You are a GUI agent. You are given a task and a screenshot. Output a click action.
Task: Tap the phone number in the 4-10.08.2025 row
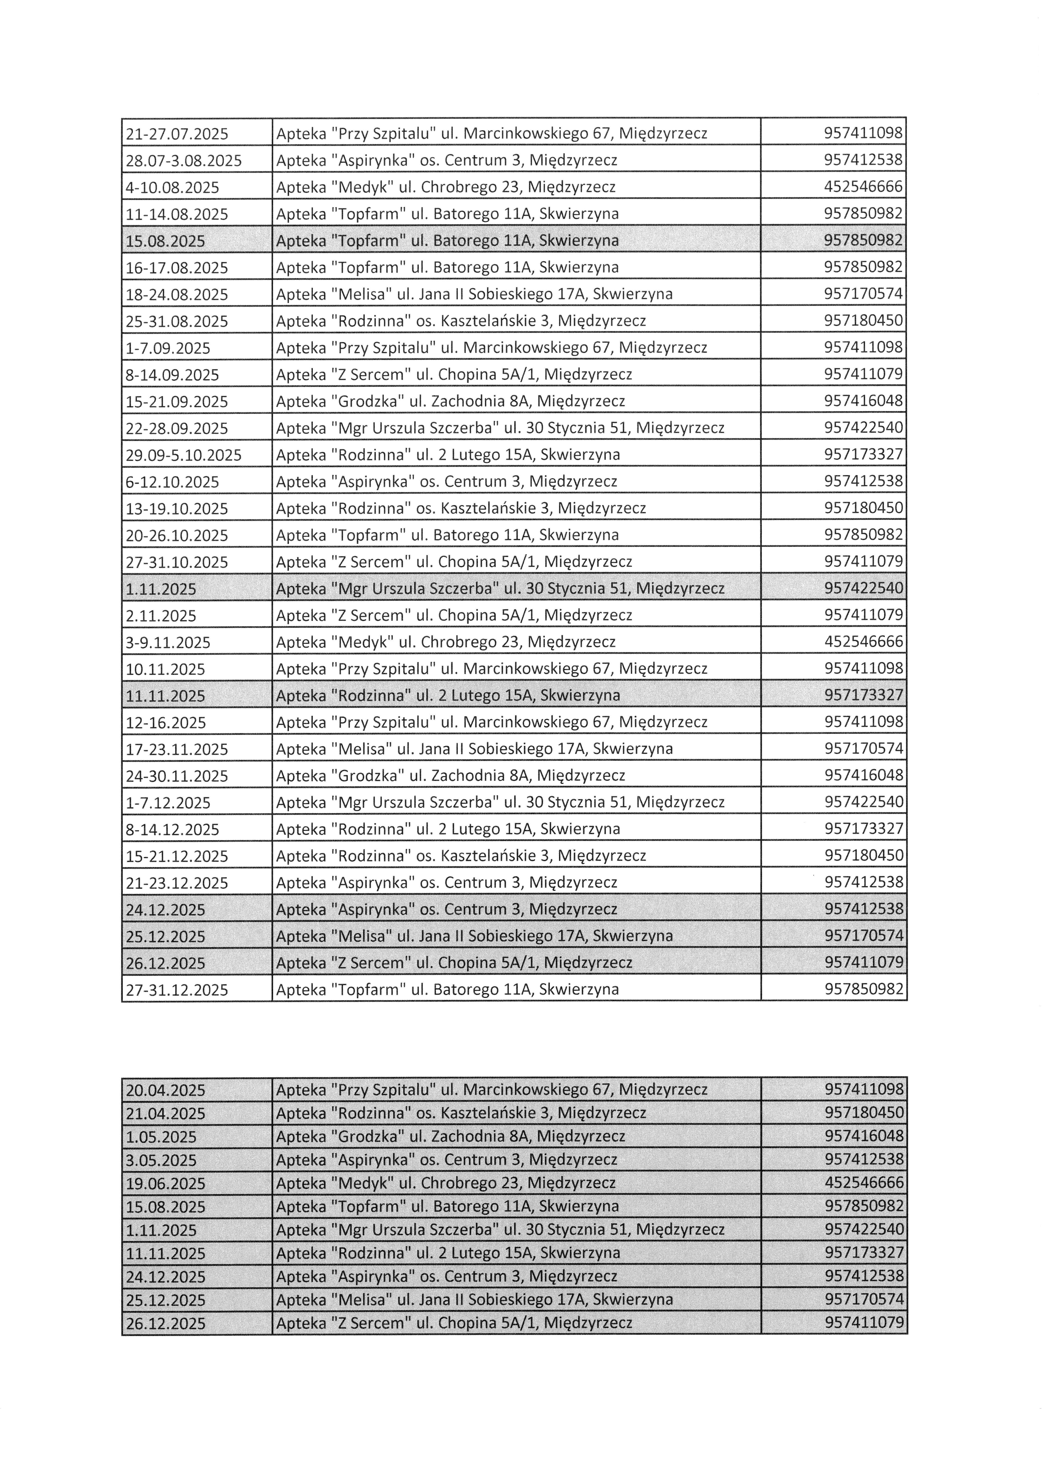(x=863, y=187)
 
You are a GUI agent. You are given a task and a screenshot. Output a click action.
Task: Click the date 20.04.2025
(x=166, y=1090)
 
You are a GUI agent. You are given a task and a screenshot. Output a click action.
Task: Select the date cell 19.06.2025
(x=166, y=1184)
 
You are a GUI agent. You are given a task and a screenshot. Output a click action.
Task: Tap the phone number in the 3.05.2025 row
(x=863, y=1160)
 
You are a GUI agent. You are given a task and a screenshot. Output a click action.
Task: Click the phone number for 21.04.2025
(x=863, y=1113)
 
